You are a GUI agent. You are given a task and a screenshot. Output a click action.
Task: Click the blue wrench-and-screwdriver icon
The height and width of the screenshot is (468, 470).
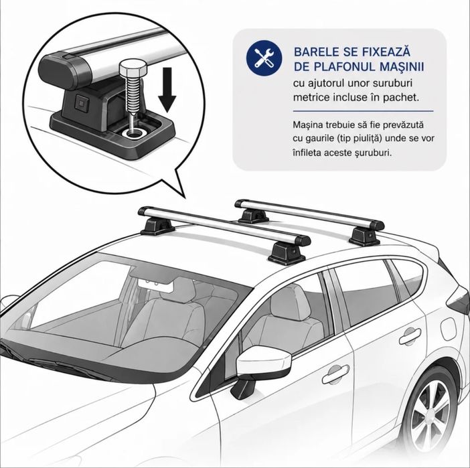[x=264, y=58]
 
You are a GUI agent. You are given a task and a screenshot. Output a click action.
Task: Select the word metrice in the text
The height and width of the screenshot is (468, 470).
[x=311, y=97]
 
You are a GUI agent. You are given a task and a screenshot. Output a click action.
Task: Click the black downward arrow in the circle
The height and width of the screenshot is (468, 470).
[x=167, y=90]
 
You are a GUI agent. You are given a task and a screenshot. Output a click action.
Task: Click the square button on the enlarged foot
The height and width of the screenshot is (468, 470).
[x=80, y=101]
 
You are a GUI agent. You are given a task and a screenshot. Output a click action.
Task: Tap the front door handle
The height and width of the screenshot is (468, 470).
[x=335, y=374]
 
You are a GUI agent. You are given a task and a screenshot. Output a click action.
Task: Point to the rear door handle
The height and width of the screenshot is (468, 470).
[x=410, y=336]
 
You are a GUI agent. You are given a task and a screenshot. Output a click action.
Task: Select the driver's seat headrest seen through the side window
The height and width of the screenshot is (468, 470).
[x=290, y=302]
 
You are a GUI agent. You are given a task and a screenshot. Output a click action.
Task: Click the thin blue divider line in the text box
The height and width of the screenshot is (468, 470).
[x=363, y=111]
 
